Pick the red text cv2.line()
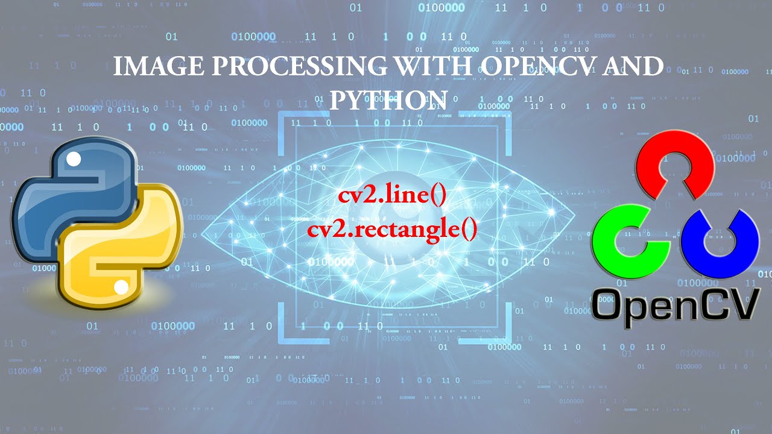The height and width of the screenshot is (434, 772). pyautogui.click(x=391, y=197)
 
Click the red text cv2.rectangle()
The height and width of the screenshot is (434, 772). pyautogui.click(x=391, y=229)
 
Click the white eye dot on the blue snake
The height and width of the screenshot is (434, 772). pyautogui.click(x=74, y=160)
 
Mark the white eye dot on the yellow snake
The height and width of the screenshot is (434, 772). pyautogui.click(x=121, y=287)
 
